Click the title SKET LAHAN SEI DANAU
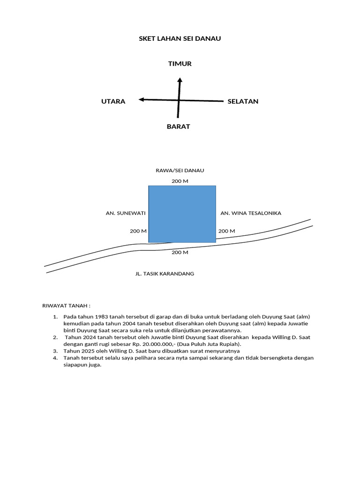coord(180,38)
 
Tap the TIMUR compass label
coord(180,64)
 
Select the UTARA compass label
coord(113,101)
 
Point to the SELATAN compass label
coord(243,101)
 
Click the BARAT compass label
coord(179,127)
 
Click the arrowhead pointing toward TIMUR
coord(179,81)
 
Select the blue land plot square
coord(182,214)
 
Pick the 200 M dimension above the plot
coord(180,181)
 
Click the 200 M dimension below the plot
coord(180,252)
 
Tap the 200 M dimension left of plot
coord(138,231)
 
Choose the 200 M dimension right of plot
coord(227,231)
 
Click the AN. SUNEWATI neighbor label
coord(126,213)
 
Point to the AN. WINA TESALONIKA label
coord(251,213)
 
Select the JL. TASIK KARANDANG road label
coord(165,274)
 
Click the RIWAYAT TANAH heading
coord(66,306)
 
